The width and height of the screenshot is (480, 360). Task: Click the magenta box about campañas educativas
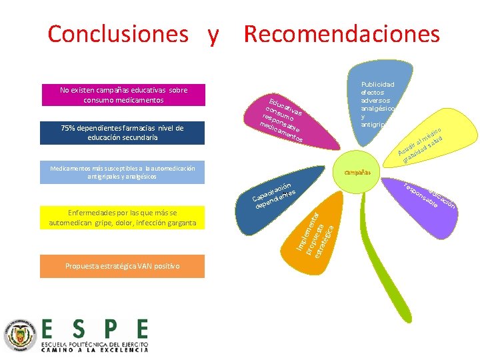(x=123, y=95)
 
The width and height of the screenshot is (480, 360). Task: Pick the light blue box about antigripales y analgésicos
(x=121, y=173)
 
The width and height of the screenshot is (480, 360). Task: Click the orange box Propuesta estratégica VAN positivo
(x=123, y=266)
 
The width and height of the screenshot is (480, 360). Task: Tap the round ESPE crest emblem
(x=20, y=333)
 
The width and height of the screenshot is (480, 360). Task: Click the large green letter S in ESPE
(x=79, y=328)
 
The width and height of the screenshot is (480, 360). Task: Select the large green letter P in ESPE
(x=110, y=328)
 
